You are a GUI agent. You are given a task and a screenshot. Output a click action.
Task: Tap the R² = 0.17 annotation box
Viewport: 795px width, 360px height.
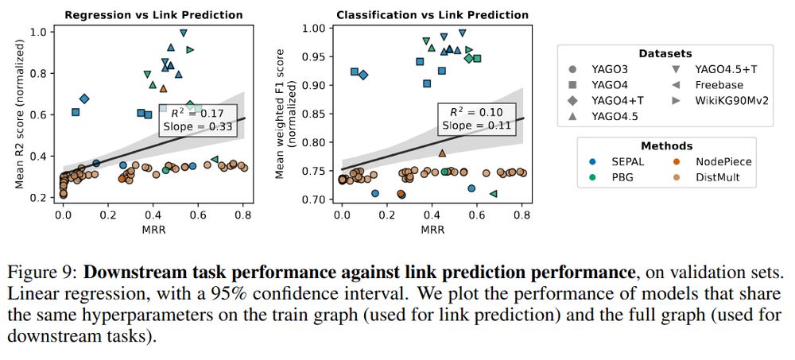click(189, 119)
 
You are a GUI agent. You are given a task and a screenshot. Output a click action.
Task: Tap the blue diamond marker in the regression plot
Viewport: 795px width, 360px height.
click(84, 99)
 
